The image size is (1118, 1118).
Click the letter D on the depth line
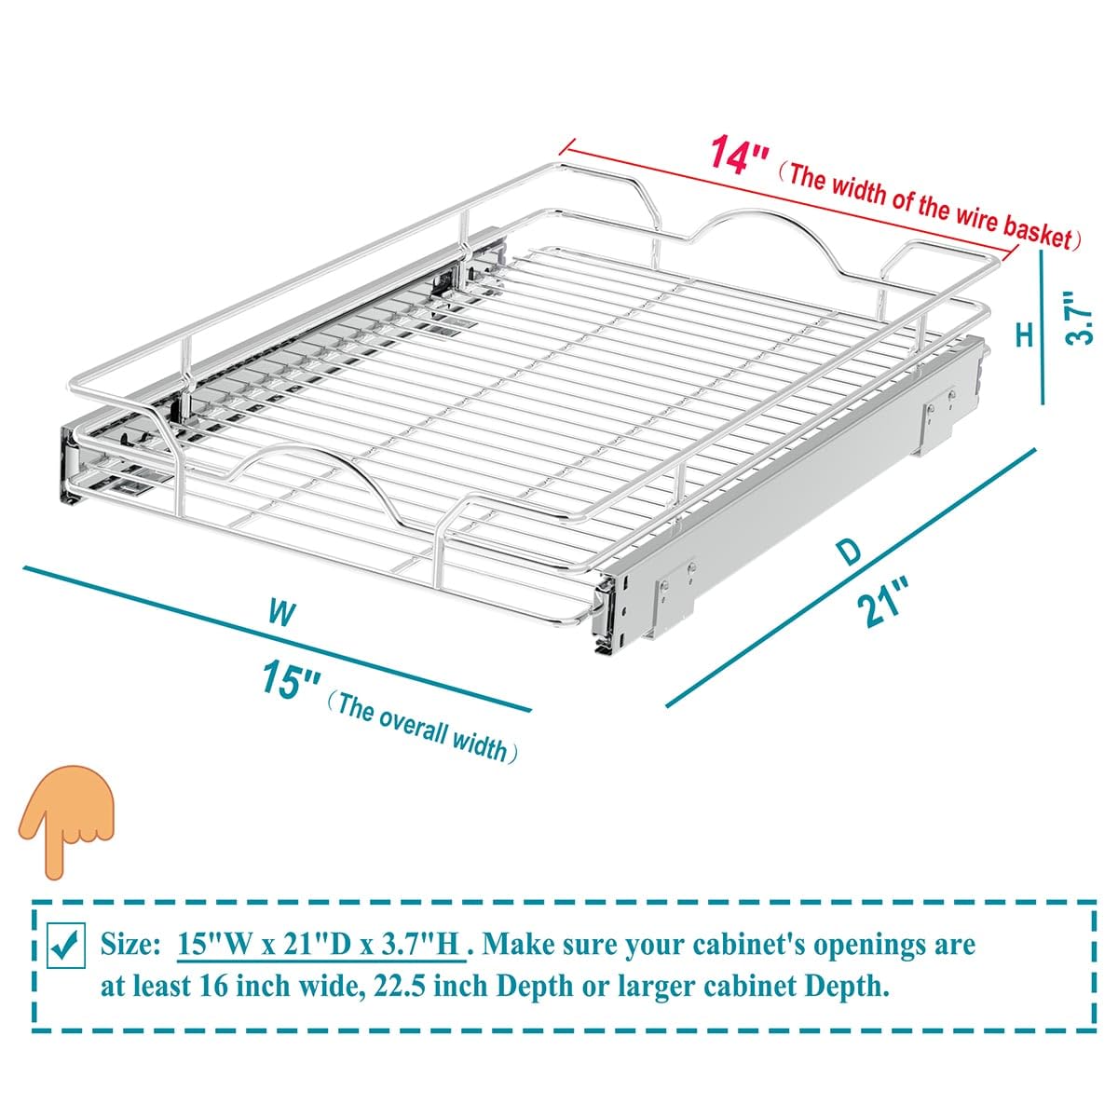pyautogui.click(x=849, y=552)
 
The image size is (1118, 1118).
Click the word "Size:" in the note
pyautogui.click(x=131, y=945)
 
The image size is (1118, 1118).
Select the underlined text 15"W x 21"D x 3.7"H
pyautogui.click(x=320, y=945)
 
